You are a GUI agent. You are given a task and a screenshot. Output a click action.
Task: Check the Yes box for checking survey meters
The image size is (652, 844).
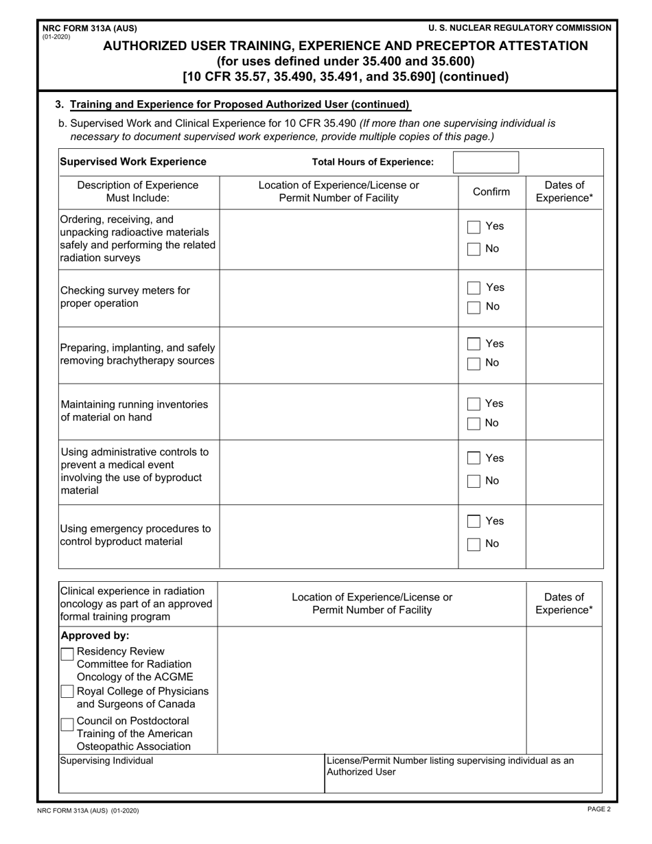click(474, 288)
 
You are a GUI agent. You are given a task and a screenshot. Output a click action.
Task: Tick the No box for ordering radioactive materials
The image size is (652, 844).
click(474, 250)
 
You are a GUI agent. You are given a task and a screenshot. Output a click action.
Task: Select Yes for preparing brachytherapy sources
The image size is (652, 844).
click(474, 344)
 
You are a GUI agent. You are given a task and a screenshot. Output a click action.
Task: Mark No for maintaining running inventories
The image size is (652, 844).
click(474, 424)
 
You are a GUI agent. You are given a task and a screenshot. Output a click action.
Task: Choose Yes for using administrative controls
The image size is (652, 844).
click(474, 458)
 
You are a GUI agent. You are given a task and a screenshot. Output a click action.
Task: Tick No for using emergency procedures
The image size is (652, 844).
click(474, 545)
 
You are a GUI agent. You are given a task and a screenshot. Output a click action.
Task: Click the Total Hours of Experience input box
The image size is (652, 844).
click(486, 163)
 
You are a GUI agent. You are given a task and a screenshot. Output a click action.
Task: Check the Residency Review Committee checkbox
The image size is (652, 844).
click(67, 654)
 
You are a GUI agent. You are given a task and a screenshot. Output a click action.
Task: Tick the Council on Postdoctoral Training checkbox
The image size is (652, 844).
click(67, 724)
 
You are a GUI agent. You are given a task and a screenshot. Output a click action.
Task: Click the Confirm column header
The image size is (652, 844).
click(491, 192)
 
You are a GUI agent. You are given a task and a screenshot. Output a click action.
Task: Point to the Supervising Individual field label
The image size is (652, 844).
click(107, 761)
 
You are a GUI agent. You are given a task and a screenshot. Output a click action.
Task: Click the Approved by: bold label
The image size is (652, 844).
click(95, 635)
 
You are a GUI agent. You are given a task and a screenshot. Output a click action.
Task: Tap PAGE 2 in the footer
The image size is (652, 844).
click(598, 810)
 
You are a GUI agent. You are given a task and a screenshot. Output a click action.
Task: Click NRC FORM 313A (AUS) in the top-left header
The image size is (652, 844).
click(90, 28)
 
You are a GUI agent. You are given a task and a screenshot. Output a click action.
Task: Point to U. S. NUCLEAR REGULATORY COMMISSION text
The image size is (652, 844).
click(520, 28)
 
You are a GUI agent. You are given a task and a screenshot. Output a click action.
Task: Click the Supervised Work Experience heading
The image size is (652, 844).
click(133, 162)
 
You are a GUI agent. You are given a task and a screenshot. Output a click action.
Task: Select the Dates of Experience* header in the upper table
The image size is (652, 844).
click(564, 192)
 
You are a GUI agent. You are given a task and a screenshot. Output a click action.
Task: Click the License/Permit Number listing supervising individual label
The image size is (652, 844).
click(450, 766)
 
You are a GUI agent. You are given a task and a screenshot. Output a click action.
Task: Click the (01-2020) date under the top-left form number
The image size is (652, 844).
click(56, 37)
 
